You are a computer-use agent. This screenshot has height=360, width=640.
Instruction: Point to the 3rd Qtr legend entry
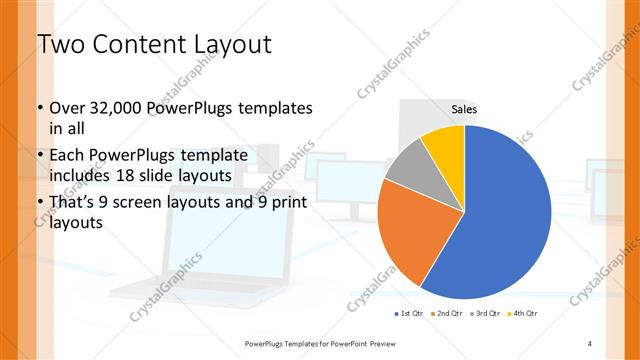486,314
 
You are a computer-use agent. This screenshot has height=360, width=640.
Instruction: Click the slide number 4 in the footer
590,343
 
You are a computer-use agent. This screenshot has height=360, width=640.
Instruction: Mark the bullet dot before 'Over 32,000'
39,108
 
